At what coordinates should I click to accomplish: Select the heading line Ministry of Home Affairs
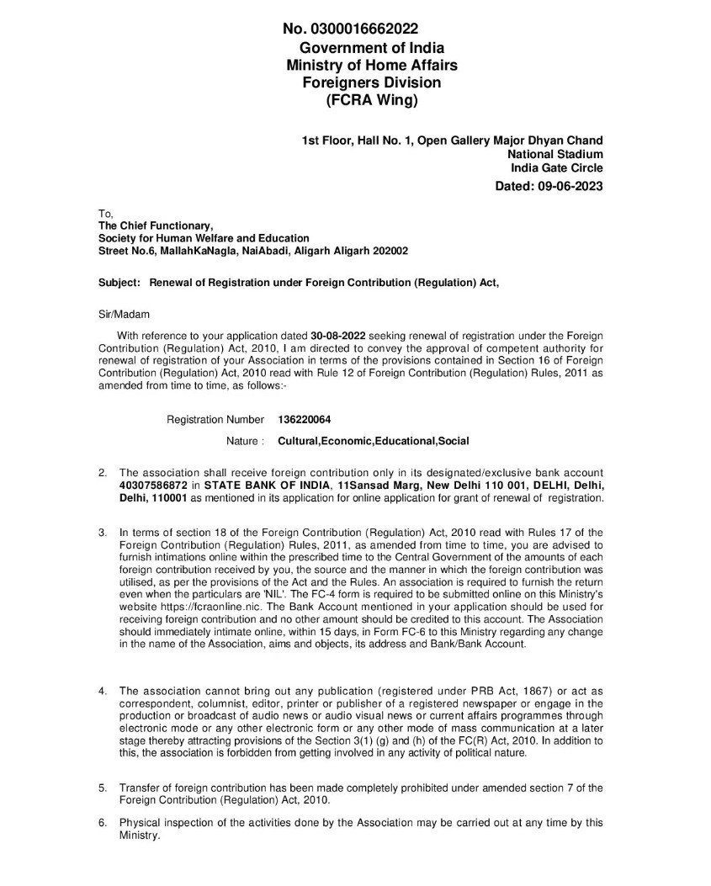point(372,65)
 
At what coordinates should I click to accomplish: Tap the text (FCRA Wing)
point(371,100)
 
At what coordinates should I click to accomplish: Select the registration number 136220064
point(294,419)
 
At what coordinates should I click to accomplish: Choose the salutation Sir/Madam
point(123,314)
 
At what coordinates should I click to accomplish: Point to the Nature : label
point(245,441)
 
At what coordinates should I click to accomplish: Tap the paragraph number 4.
point(103,692)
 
